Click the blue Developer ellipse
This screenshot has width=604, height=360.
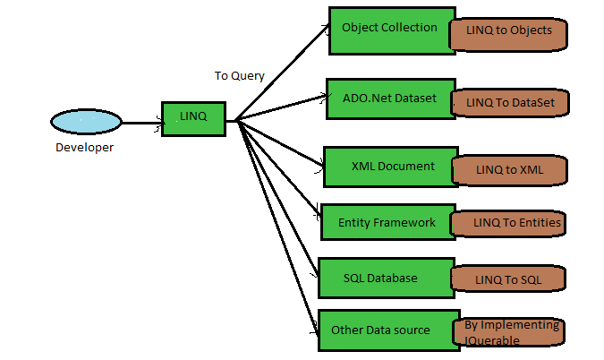[86, 122]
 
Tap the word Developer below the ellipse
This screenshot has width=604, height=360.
[84, 148]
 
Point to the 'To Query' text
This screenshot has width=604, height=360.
[239, 76]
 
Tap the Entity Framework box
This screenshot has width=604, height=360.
[385, 221]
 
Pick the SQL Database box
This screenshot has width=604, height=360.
[379, 278]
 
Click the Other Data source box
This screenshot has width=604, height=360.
[380, 330]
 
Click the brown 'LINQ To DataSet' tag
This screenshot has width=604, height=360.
[510, 103]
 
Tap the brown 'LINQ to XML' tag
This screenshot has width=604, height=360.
[510, 169]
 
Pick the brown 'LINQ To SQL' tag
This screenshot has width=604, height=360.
[509, 279]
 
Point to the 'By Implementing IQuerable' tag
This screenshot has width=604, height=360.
[511, 332]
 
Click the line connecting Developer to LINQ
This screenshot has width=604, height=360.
[141, 123]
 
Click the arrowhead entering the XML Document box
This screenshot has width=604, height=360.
[319, 162]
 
